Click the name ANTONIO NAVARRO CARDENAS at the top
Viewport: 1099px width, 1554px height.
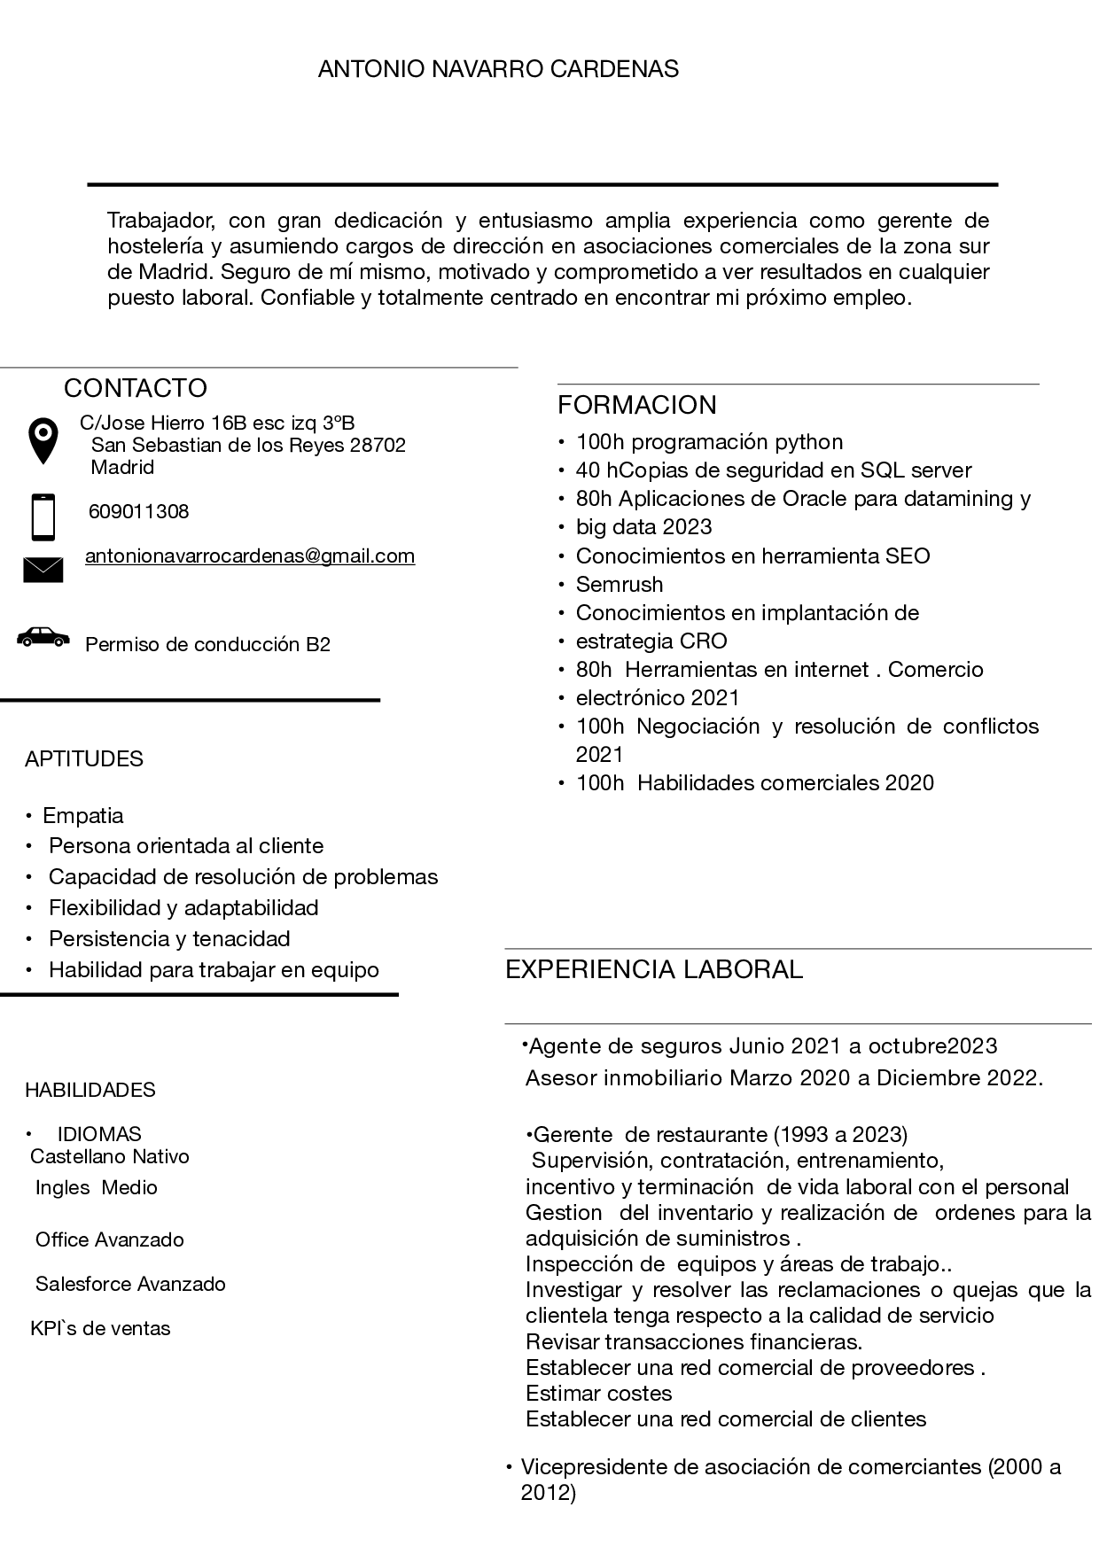498,69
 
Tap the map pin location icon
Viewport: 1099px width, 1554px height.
43,440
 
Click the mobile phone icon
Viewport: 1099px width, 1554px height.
43,517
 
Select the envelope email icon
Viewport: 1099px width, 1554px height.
43,570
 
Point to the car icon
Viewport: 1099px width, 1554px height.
43,636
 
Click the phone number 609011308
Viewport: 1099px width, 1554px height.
138,511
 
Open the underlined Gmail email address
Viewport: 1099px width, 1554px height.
250,556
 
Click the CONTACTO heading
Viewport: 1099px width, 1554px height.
135,388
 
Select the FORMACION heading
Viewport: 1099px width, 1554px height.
636,405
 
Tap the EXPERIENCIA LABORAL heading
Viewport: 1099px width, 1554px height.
653,969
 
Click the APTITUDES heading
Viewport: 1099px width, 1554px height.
84,758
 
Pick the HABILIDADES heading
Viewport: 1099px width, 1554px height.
90,1090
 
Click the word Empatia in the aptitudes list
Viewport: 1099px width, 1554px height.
83,815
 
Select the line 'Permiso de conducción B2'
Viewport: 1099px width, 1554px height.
207,644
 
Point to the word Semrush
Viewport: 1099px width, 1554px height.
620,584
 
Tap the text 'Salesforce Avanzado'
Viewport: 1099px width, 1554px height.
130,1284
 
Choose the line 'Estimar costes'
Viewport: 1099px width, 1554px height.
599,1393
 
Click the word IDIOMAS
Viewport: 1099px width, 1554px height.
99,1134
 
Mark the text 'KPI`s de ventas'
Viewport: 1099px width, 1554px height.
100,1328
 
